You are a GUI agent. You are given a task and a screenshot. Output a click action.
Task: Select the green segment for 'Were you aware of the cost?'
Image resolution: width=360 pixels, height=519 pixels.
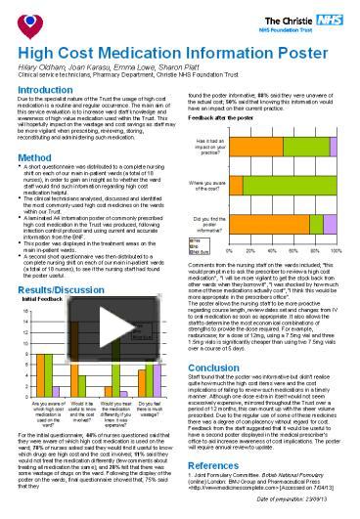pyautogui.click(x=293, y=182)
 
